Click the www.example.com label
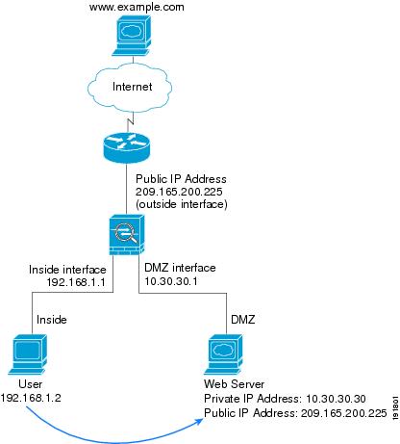[x=137, y=7]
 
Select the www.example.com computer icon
[x=132, y=36]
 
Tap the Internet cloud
[x=130, y=88]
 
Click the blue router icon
[x=127, y=147]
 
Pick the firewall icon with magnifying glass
[x=127, y=235]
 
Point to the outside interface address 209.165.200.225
[x=179, y=192]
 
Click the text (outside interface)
[x=182, y=204]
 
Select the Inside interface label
[x=67, y=270]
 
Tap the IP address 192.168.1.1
[x=76, y=282]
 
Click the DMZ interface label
[x=180, y=268]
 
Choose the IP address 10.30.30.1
[x=171, y=281]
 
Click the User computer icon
[x=28, y=354]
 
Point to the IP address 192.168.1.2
[x=31, y=398]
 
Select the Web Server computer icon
[x=224, y=354]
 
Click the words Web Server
[x=234, y=384]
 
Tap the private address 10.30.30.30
[x=336, y=399]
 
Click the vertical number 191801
[x=395, y=407]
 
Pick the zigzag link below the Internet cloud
[x=130, y=121]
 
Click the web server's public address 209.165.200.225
[x=343, y=413]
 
